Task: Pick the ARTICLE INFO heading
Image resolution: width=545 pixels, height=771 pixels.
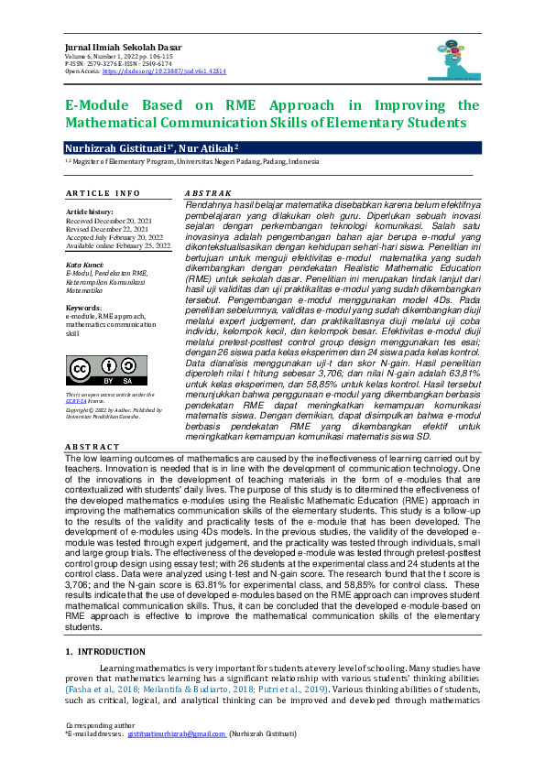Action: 103,193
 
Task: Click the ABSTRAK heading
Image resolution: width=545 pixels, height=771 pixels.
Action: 208,194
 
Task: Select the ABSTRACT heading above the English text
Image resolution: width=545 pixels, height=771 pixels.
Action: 92,446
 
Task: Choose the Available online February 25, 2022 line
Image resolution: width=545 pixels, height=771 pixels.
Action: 118,246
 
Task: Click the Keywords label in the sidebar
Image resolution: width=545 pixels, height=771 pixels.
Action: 83,307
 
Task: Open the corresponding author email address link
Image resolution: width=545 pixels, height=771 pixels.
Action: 176,734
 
